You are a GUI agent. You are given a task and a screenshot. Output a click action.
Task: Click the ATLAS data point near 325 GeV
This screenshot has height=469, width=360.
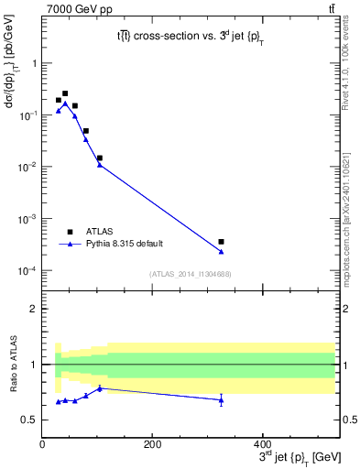pos(222,242)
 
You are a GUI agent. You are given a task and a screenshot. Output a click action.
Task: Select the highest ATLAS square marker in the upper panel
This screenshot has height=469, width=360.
pos(65,93)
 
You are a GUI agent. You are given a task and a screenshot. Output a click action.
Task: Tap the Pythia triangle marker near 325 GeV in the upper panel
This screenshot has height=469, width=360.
pos(222,252)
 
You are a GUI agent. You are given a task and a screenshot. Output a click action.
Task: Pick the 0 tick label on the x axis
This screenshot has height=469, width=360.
pos(42,445)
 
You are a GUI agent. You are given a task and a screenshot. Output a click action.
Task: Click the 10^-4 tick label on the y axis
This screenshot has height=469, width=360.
pos(27,271)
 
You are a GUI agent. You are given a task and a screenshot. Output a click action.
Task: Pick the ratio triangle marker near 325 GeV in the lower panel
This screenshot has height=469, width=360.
pos(222,400)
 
